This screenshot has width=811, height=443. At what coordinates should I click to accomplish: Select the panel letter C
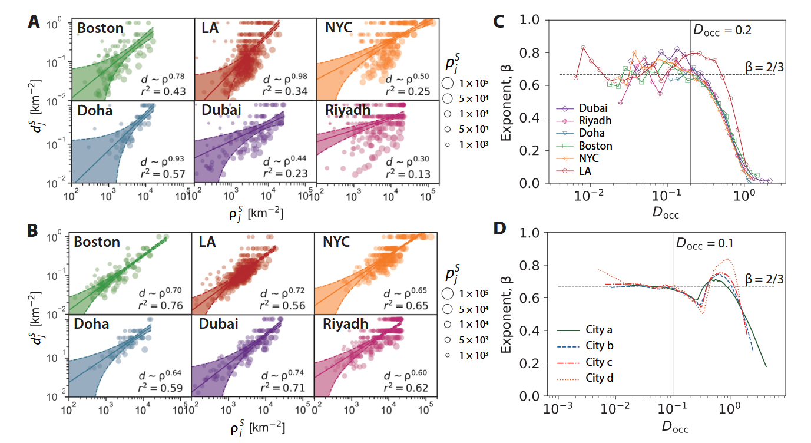(x=498, y=22)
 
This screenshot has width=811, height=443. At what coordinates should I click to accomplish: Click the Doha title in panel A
(x=94, y=110)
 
